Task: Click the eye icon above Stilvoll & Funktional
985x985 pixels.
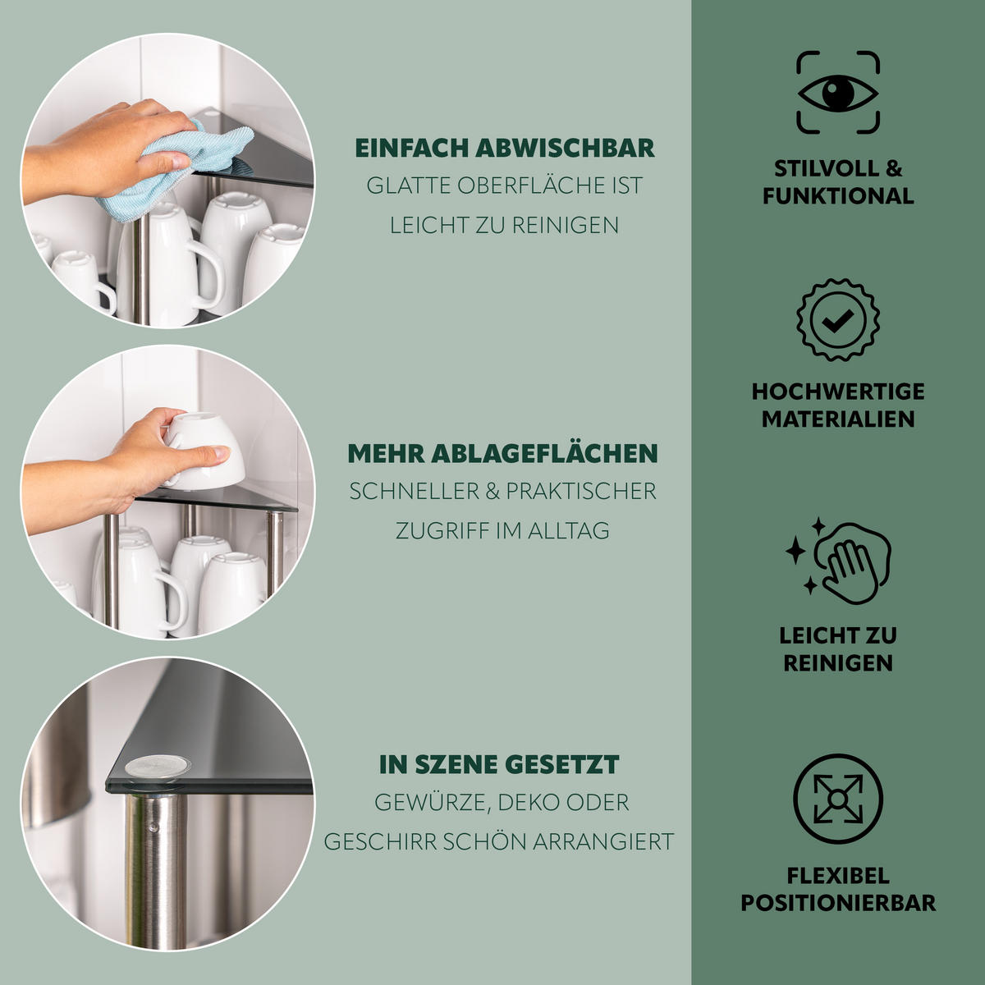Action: click(838, 93)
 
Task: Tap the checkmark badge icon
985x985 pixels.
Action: click(838, 319)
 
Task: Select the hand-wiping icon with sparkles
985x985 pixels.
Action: click(838, 561)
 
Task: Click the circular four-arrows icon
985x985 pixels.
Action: click(838, 799)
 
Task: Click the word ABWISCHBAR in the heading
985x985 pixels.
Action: click(565, 149)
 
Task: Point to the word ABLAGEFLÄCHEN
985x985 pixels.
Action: click(544, 453)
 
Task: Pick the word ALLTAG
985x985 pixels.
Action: click(568, 530)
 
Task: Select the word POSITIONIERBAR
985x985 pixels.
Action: click(838, 903)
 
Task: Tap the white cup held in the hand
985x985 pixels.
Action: click(203, 451)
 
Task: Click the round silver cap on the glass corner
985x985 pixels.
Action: click(157, 767)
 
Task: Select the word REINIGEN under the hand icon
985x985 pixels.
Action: click(838, 663)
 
